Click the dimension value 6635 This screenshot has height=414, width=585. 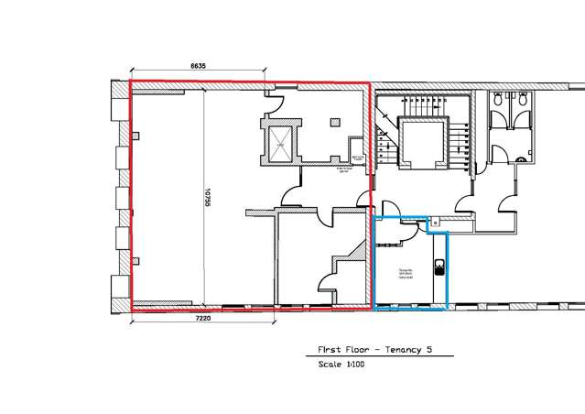tap(198, 65)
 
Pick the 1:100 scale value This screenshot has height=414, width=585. tap(353, 365)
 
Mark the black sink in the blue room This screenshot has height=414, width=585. tap(439, 267)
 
